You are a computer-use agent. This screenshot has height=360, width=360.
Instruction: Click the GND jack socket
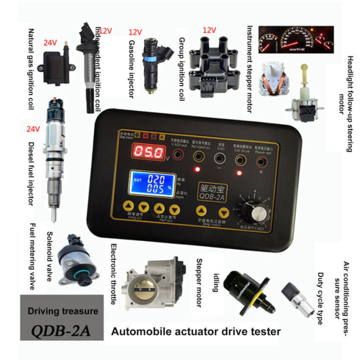click(219, 158)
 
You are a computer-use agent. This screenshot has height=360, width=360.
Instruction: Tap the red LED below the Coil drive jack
click(239, 173)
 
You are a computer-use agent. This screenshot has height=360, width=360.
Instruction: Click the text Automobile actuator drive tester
click(195, 331)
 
